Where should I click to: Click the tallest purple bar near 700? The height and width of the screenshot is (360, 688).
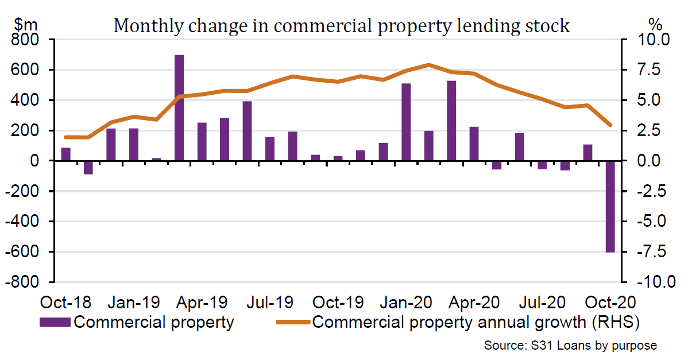point(179,108)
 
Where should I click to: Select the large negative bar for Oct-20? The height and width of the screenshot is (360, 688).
point(610,206)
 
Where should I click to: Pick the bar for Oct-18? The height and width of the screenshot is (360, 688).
point(65,154)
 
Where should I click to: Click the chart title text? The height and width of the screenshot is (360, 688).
point(342,26)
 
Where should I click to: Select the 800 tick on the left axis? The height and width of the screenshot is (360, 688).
point(27,40)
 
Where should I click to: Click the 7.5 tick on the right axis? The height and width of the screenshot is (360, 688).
point(648,70)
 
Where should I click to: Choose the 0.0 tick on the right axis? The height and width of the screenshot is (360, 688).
point(648,161)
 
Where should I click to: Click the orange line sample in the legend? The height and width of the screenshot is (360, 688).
point(293,322)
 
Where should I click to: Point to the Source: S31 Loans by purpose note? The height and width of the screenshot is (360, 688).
point(570,346)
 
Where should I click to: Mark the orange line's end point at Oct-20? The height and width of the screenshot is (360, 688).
point(610,125)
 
